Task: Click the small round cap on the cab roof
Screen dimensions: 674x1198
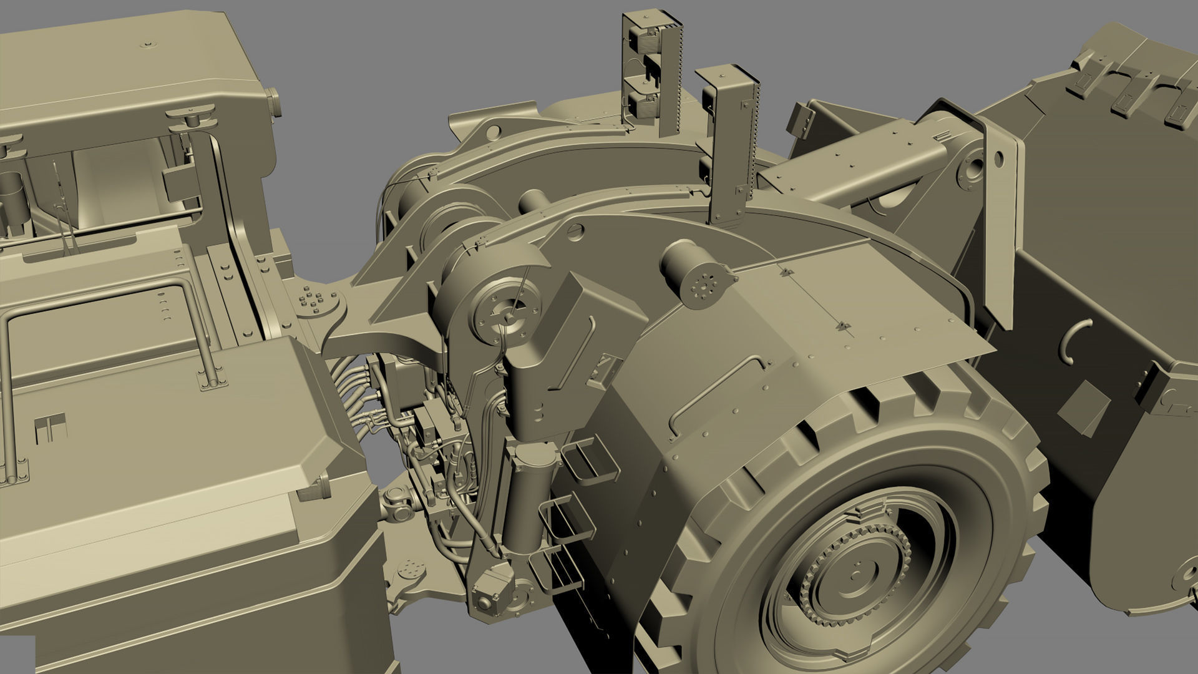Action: pyautogui.click(x=148, y=44)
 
